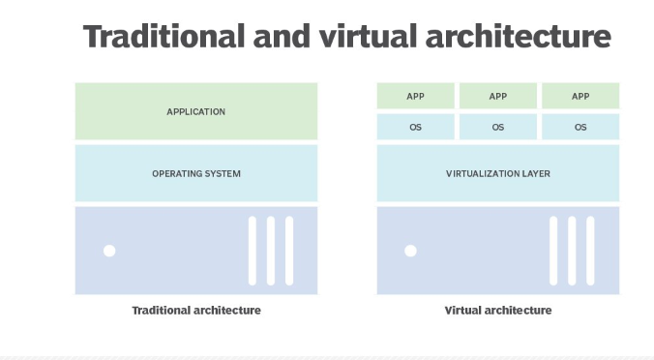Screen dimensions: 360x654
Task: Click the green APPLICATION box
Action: [x=196, y=111]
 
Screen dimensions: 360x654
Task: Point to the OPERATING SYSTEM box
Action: [x=196, y=173]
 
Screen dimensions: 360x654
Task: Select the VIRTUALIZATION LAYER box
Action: [x=498, y=173]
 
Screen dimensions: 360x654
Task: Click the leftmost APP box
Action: [x=415, y=96]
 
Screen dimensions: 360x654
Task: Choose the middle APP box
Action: [x=498, y=96]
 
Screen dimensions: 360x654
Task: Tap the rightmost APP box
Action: [x=580, y=96]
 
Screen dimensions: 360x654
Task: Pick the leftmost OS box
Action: [x=415, y=127]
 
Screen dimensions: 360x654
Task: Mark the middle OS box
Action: [x=498, y=127]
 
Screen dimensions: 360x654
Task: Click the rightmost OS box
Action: [x=580, y=127]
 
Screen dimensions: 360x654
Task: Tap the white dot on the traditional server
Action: [x=109, y=251]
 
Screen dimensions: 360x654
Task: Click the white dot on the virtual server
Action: [x=410, y=251]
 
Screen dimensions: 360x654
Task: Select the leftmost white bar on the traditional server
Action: [x=253, y=250]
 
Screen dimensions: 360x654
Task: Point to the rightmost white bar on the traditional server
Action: [x=288, y=250]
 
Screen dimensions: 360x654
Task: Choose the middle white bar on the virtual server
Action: [x=572, y=250]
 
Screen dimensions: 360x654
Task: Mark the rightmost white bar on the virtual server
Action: [x=590, y=250]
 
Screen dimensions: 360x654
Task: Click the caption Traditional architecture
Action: [x=196, y=311]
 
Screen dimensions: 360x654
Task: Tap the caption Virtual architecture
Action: [x=498, y=311]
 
